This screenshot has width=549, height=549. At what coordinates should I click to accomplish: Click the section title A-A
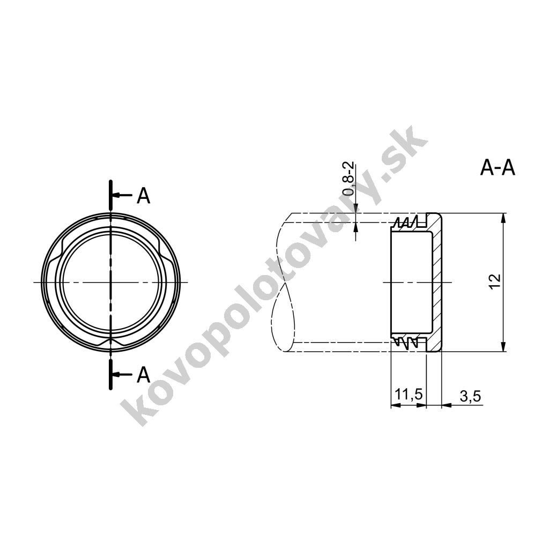click(498, 168)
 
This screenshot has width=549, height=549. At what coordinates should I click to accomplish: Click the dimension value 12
click(495, 281)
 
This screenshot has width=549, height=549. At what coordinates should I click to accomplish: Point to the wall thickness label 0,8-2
click(348, 179)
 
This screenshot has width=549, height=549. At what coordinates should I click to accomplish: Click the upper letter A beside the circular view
click(144, 196)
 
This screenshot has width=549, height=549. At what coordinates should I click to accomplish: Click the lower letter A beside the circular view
click(144, 375)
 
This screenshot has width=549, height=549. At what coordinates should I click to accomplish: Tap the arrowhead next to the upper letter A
click(116, 195)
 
